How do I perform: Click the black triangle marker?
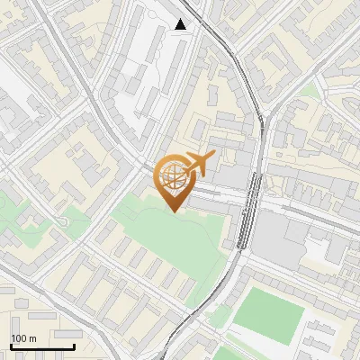pos(181,24)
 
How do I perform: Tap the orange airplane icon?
pos(198,164)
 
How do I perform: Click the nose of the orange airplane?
pos(214,156)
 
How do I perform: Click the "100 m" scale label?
pos(23,338)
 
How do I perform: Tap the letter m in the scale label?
pos(33,338)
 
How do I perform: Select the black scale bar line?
pos(42,346)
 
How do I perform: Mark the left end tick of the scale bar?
pos(11,345)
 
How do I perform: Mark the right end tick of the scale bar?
pos(74,345)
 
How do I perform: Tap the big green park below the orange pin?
pos(171,238)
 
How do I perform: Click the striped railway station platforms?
pos(246,211)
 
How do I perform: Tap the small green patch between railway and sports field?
pos(219,317)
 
